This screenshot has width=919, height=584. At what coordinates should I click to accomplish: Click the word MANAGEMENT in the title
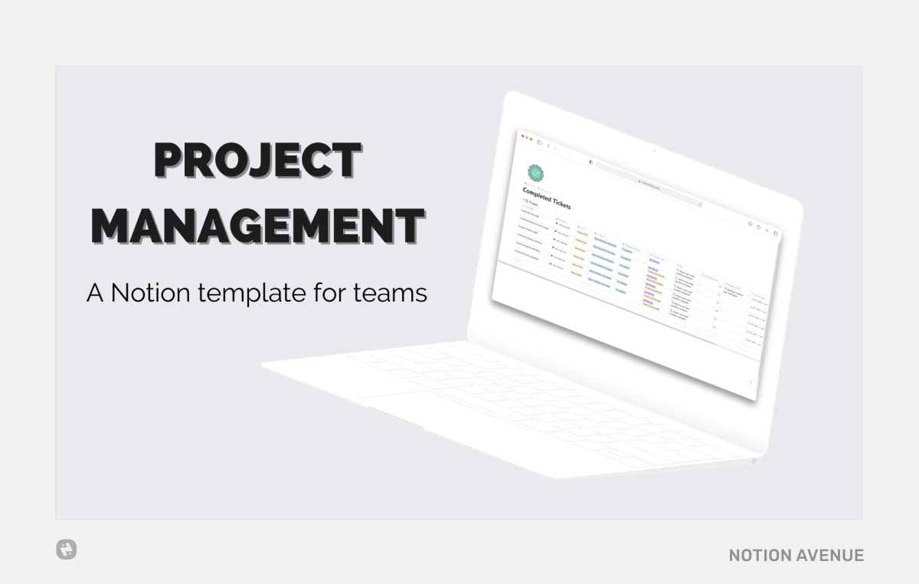click(257, 227)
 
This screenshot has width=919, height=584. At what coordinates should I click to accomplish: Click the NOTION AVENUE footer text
click(796, 555)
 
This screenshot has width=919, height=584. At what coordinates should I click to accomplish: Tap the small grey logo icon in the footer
click(67, 550)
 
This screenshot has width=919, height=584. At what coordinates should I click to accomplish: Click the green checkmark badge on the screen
click(535, 174)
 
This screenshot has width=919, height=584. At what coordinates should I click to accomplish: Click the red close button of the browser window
click(523, 136)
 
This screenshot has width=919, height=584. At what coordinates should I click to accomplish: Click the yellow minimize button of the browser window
click(528, 138)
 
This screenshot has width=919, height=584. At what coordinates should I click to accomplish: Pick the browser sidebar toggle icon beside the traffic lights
click(540, 142)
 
